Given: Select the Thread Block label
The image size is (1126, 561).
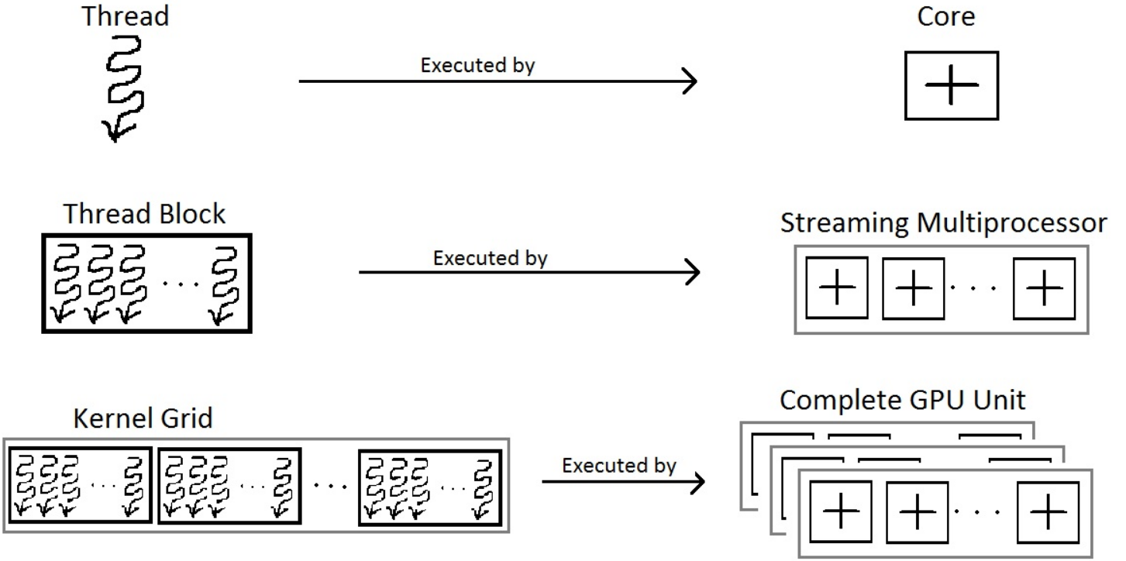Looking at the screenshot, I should coord(145,213).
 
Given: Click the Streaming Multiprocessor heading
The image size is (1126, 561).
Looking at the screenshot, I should coord(944,223).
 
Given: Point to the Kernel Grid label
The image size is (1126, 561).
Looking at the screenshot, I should coord(143,419).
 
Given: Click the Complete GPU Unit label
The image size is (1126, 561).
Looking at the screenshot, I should coord(903,400).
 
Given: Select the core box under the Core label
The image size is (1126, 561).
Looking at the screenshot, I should coord(952,85).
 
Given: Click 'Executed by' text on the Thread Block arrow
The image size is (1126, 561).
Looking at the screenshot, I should coord(490,257).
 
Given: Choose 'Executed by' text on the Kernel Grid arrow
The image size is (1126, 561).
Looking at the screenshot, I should coord(619,466).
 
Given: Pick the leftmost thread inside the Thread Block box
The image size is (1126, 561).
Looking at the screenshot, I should coord(64,285).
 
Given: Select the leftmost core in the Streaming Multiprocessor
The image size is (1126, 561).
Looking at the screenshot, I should coord(837,288).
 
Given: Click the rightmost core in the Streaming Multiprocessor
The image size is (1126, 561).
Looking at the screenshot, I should coord(1044,288).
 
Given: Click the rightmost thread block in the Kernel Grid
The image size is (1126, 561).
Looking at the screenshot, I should coord(429,486).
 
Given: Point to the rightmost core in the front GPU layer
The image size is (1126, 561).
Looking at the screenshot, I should coord(1049,511).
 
